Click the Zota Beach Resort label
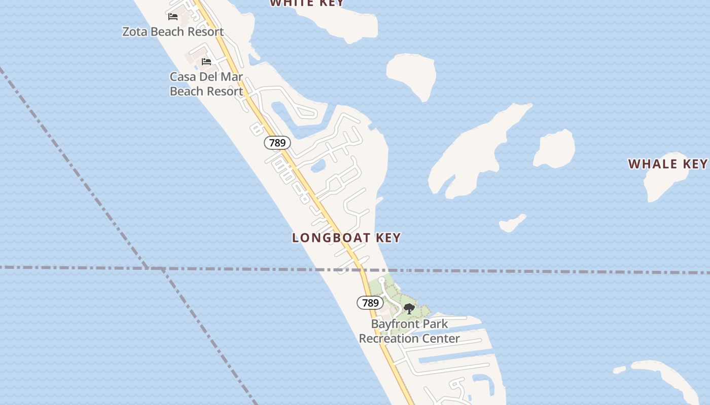point(173,32)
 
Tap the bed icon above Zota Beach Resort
point(173,17)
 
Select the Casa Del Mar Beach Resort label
point(206,84)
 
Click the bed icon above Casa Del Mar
point(206,62)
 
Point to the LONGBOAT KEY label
point(346,237)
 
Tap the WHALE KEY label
point(667,164)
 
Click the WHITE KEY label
point(307,3)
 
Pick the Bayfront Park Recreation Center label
point(409,331)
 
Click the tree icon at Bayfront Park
point(409,308)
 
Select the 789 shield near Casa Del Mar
point(277,143)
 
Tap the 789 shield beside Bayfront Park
point(370,303)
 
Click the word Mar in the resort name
point(231,77)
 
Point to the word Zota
point(135,32)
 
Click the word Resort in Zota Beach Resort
point(205,32)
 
